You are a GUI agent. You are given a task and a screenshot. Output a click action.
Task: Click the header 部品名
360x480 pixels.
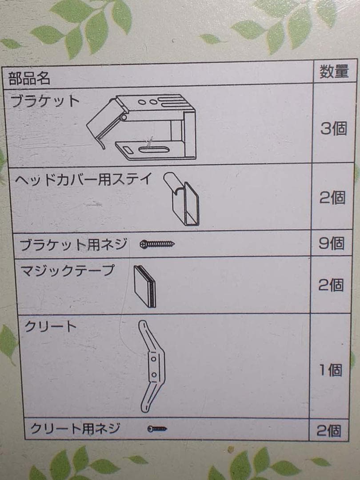tap(29, 78)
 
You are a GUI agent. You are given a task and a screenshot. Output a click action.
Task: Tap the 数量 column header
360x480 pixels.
tap(334, 71)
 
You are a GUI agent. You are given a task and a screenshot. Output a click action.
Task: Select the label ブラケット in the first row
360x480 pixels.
tap(45, 100)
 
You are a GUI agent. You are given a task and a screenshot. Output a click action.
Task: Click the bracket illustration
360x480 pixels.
tap(141, 127)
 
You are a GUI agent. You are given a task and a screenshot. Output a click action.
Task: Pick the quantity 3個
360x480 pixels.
tap(334, 128)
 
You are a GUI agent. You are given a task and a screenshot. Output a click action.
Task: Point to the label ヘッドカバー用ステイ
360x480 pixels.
tap(83, 179)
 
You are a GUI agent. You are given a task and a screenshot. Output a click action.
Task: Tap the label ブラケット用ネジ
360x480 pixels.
tap(73, 244)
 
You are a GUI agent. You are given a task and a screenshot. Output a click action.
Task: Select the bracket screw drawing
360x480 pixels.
tap(157, 244)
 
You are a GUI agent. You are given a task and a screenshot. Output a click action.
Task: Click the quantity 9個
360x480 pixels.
tap(332, 244)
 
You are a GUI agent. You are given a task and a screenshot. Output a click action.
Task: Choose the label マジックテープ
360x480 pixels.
tap(67, 271)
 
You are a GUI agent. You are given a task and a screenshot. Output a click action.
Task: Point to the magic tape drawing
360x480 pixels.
tap(145, 286)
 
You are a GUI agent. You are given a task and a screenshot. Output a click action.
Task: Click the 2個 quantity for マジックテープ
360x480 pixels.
tap(331, 285)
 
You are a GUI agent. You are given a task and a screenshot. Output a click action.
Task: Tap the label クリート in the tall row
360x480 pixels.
tap(50, 326)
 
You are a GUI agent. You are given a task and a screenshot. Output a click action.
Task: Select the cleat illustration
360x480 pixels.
tap(152, 366)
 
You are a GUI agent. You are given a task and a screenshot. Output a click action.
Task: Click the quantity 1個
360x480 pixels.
tap(330, 370)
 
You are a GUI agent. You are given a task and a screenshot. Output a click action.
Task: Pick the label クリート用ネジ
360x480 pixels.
tap(75, 428)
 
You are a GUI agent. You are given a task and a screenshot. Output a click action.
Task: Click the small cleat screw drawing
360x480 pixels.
tap(157, 428)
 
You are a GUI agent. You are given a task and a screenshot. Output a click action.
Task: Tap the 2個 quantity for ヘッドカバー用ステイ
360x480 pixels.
tap(332, 197)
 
